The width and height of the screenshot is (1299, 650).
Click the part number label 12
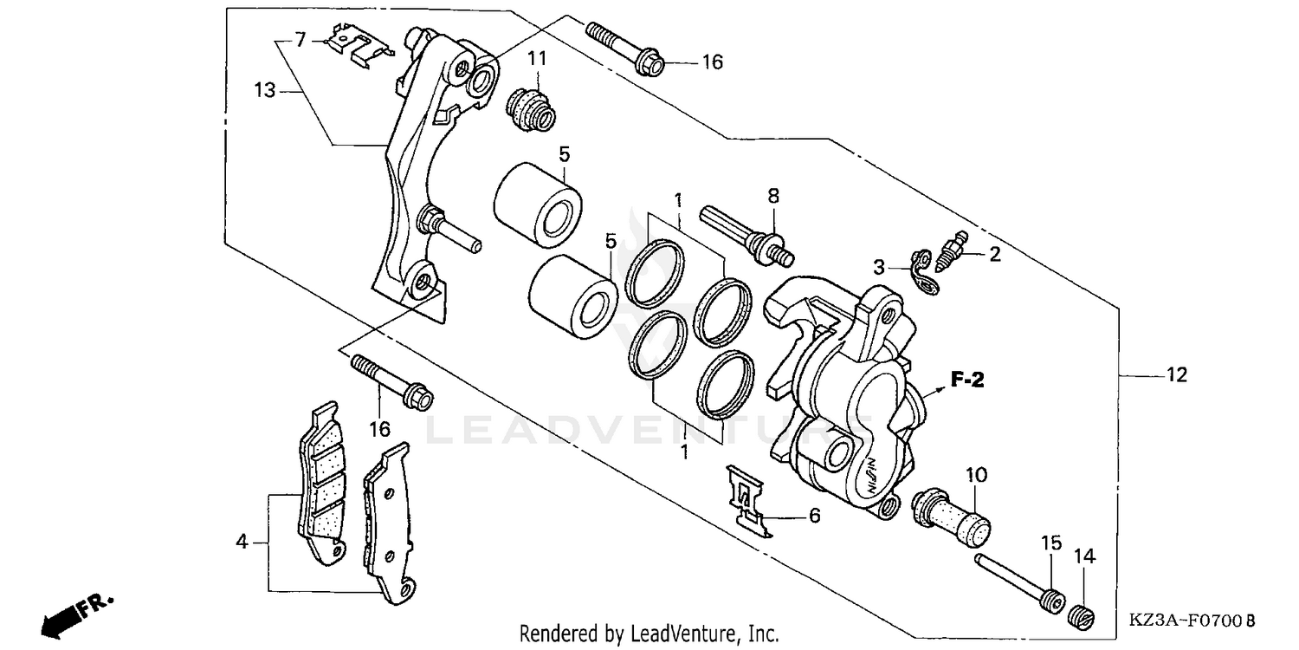tap(1176, 375)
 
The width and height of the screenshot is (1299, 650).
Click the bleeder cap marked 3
tap(926, 269)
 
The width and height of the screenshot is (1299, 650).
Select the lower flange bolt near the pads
tap(391, 381)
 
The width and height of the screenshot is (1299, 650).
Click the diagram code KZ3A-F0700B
tap(1191, 621)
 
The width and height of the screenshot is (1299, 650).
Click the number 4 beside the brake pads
tap(242, 543)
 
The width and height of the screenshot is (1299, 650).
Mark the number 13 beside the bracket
tap(265, 88)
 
